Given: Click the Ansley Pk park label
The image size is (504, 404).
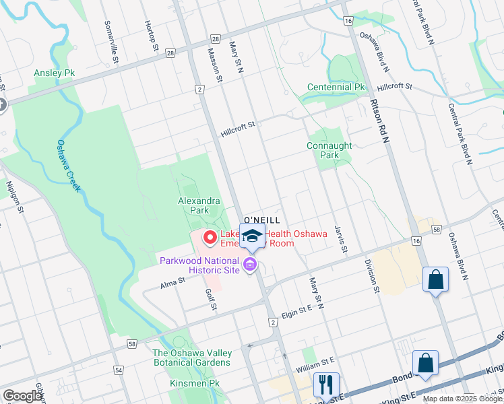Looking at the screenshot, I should pyautogui.click(x=55, y=73).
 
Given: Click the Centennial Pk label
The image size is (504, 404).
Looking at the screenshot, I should pyautogui.click(x=336, y=88).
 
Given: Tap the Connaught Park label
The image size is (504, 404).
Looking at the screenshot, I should pyautogui.click(x=330, y=150).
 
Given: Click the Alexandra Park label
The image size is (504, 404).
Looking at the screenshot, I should pyautogui.click(x=199, y=205).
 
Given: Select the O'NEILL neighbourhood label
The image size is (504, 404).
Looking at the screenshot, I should pyautogui.click(x=261, y=220).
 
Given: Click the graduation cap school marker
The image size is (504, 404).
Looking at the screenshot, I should pyautogui.click(x=253, y=236).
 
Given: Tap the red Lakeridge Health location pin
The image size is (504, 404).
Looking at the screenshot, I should pyautogui.click(x=210, y=237).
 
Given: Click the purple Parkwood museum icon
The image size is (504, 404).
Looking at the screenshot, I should pyautogui.click(x=251, y=265).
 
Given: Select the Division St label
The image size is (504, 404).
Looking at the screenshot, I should pyautogui.click(x=371, y=276).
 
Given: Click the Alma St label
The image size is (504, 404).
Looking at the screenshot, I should pyautogui.click(x=172, y=283).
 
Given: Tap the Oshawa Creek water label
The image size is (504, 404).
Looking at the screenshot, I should pyautogui.click(x=68, y=166).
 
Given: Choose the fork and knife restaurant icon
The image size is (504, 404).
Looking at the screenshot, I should pyautogui.click(x=326, y=384).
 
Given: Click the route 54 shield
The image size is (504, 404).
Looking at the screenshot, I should pyautogui.click(x=119, y=370).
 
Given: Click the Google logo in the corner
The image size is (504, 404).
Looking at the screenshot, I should pyautogui.click(x=22, y=396).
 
